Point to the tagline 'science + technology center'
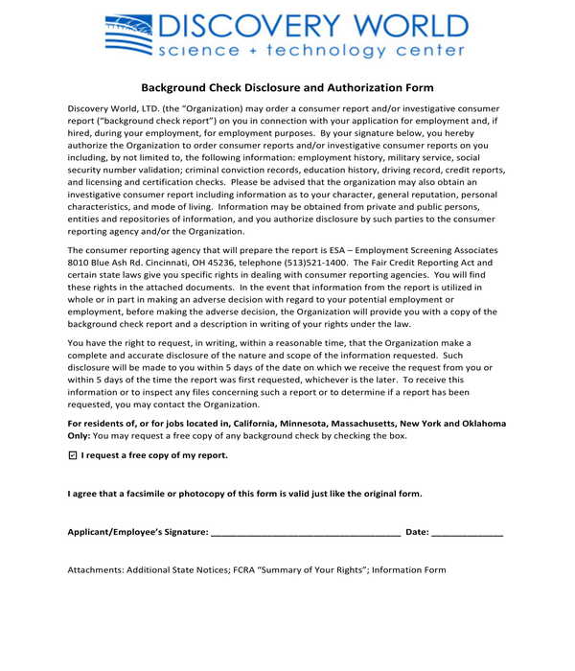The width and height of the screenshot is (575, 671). [x=312, y=52]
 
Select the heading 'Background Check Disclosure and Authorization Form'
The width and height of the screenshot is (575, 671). [x=287, y=87]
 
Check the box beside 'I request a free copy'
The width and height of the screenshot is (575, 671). [x=74, y=455]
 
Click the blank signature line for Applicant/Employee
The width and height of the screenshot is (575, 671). [x=305, y=531]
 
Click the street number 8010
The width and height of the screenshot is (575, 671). [x=80, y=262]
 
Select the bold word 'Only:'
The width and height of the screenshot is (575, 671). [x=79, y=435]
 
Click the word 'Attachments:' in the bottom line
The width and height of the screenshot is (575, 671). [x=94, y=569]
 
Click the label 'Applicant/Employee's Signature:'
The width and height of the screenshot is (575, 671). [x=137, y=531]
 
